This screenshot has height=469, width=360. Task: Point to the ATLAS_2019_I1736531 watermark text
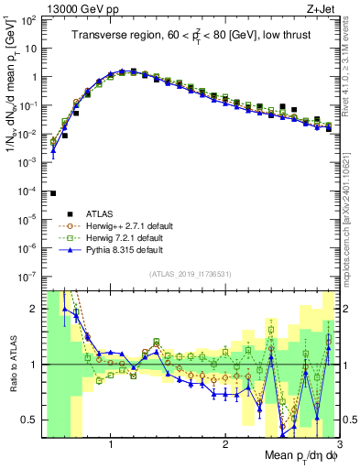[x=189, y=276]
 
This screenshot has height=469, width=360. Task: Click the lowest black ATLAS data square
[x=53, y=193]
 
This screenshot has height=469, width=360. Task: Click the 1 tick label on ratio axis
[x=30, y=365]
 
